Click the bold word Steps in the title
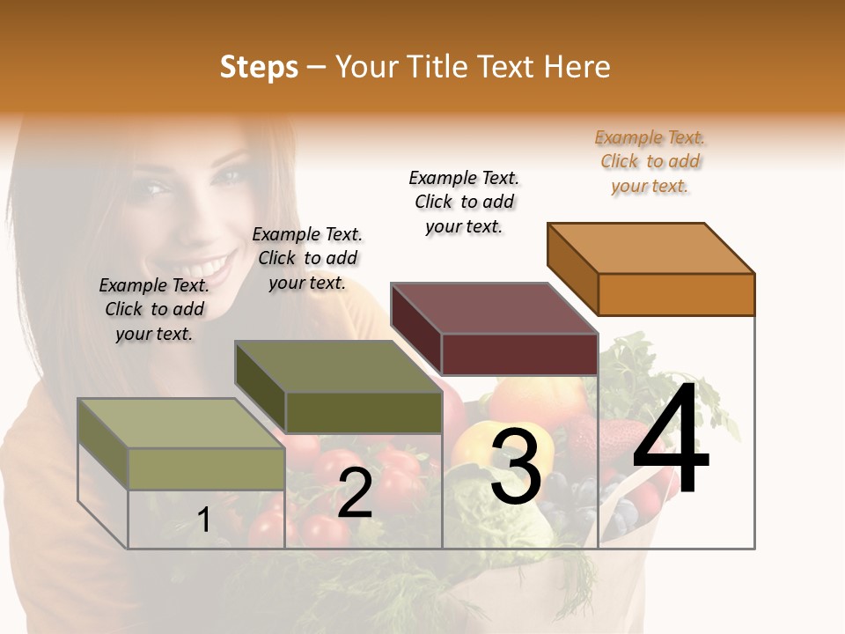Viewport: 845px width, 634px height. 259,67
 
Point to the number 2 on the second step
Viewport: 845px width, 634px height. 355,493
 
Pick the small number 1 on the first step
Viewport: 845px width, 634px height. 203,520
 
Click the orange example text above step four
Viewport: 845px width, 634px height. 650,162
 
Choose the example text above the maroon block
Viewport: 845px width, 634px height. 465,202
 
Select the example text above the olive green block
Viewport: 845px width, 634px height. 307,258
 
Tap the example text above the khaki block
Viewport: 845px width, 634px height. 154,309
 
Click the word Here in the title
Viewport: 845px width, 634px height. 577,67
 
